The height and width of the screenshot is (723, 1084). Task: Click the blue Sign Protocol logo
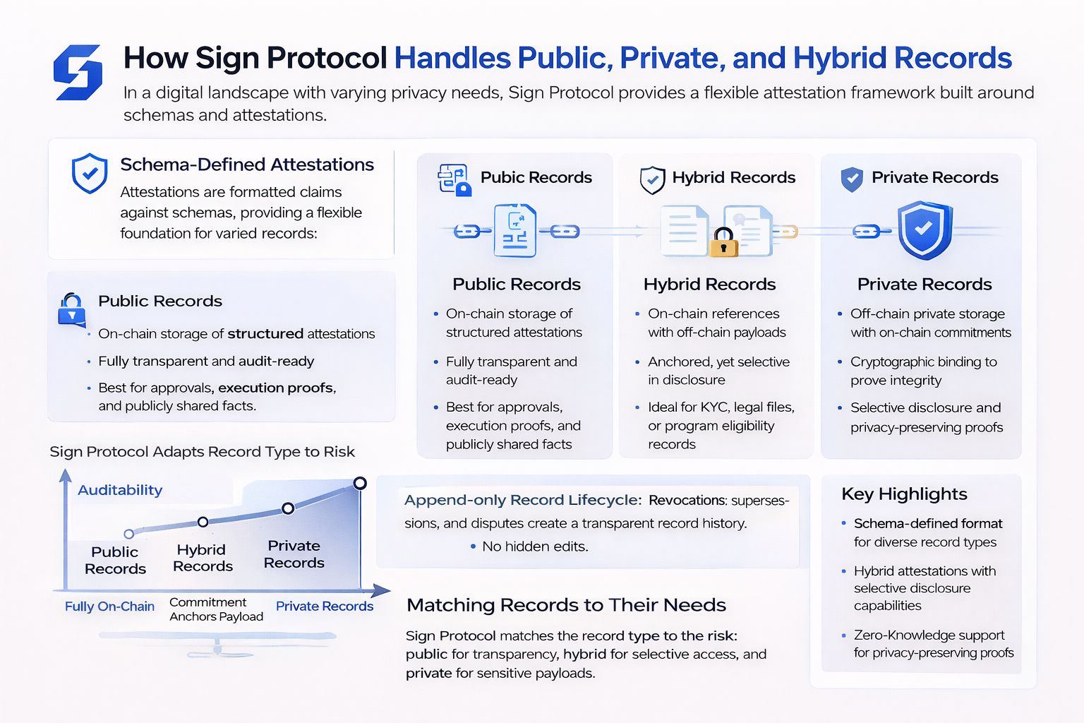[x=78, y=72]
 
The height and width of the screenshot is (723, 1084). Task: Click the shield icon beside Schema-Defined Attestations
[x=90, y=173]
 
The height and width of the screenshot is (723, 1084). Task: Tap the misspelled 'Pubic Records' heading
[x=536, y=177]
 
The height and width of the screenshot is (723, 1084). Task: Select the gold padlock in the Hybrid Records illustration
[x=723, y=242]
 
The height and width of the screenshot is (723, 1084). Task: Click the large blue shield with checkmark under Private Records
[x=924, y=230]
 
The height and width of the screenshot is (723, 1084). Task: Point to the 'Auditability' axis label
[x=120, y=490]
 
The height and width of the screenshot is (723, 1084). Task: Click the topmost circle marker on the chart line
[x=360, y=483]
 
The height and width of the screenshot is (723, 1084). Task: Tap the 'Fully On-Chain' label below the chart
[x=109, y=607]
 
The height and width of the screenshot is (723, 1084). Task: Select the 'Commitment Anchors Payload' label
[x=216, y=609]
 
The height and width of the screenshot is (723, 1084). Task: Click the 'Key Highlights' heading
[x=904, y=494]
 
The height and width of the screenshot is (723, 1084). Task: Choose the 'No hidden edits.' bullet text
[x=535, y=546]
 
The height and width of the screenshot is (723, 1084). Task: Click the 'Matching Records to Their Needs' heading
[x=566, y=605]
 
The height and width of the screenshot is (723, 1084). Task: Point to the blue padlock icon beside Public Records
[x=71, y=309]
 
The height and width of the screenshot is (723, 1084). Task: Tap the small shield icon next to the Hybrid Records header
[x=652, y=179]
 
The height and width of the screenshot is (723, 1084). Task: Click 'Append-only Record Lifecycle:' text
[x=523, y=501]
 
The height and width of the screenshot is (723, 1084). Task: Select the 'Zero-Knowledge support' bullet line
[x=929, y=635]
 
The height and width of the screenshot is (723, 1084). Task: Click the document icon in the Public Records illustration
[x=515, y=230]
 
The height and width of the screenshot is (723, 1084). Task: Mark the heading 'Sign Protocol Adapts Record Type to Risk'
[x=202, y=452]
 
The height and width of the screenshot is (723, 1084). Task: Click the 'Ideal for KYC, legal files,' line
[x=721, y=407]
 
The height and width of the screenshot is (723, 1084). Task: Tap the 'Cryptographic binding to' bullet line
[x=923, y=362]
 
